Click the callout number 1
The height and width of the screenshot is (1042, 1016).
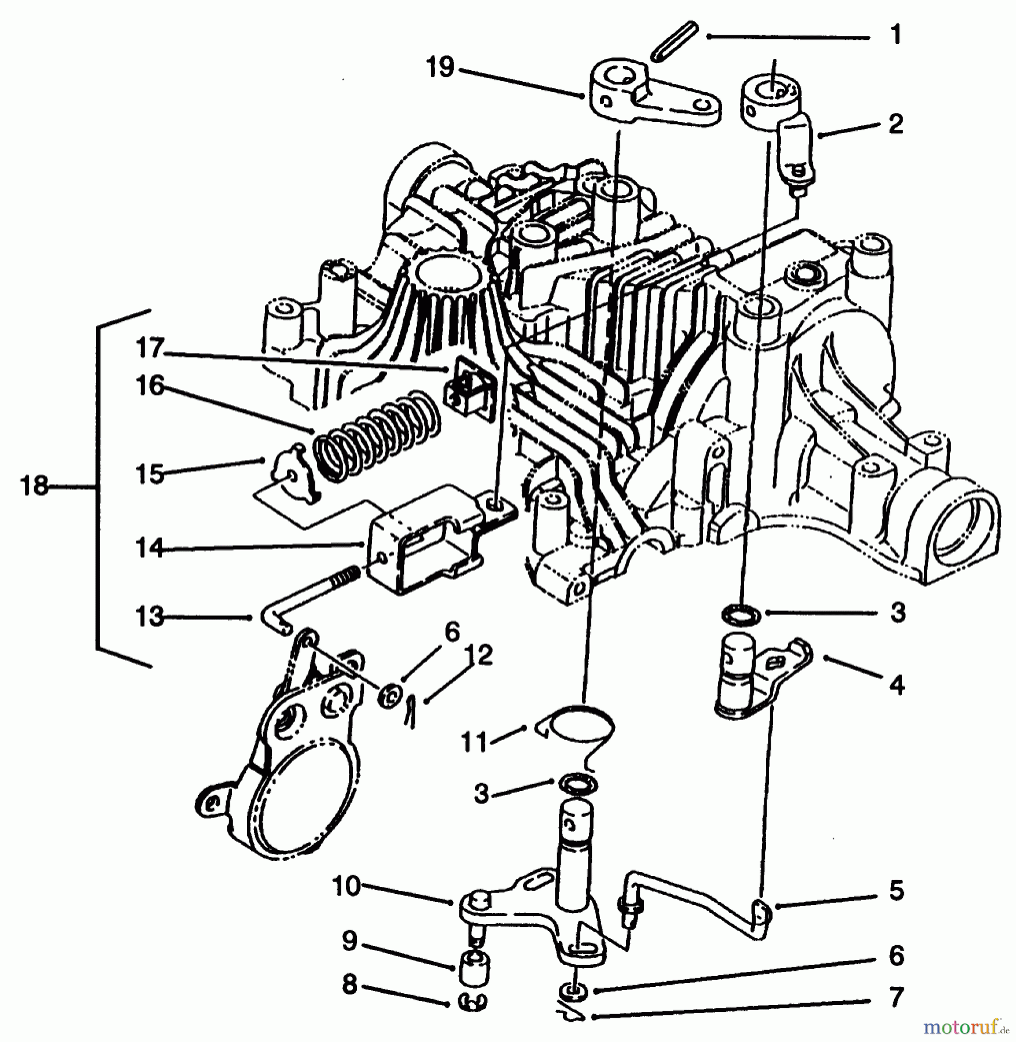[x=895, y=36]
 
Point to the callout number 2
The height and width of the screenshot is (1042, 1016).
[x=895, y=124]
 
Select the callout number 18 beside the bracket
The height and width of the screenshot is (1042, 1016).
[x=34, y=486]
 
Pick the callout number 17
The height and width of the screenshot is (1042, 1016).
[x=150, y=349]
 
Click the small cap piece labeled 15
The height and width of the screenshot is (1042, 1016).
[x=289, y=478]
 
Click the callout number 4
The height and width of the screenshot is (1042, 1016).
[x=896, y=686]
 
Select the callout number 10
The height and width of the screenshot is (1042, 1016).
[x=347, y=886]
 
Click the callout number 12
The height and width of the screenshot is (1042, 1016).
[x=480, y=655]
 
